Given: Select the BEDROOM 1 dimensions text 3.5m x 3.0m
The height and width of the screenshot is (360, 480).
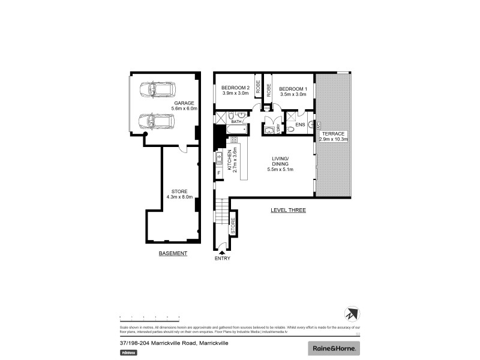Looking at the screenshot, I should point(293,94).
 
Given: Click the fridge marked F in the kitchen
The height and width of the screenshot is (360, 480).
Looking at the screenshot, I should point(219,173).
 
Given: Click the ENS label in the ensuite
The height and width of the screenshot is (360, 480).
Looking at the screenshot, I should point(300,125).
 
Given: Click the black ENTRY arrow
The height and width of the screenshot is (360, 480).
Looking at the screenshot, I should point(221,253).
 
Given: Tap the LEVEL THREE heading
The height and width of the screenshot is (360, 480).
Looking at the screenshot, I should point(288,211).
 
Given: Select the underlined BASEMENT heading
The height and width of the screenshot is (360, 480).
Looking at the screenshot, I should point(173,253).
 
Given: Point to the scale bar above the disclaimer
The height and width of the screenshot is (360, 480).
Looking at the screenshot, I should point(149,317).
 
